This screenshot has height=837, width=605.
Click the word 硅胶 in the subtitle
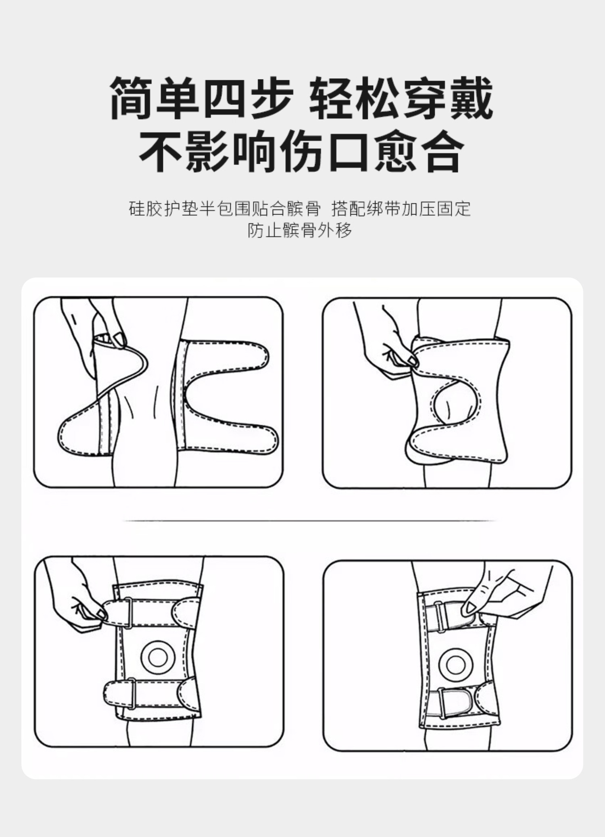click(146, 209)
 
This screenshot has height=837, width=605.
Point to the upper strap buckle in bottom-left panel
click(128, 613)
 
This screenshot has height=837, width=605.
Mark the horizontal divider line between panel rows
click(309, 520)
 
